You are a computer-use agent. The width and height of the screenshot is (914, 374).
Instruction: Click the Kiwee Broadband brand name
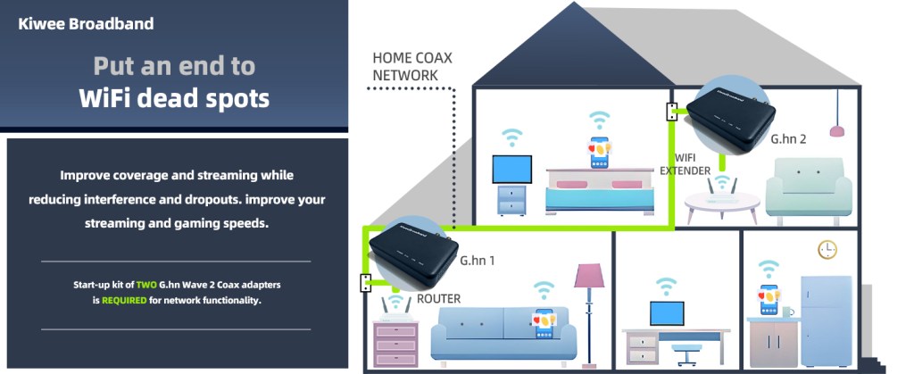click(86, 24)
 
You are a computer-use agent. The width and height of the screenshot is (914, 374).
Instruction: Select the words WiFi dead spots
click(174, 97)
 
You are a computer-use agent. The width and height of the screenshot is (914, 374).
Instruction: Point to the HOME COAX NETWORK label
click(412, 67)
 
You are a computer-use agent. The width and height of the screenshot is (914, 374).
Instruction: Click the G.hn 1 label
click(478, 261)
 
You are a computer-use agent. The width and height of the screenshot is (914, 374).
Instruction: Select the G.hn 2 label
click(788, 139)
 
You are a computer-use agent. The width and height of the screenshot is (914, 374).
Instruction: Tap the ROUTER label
click(439, 299)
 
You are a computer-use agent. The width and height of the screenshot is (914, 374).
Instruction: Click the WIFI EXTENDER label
click(685, 164)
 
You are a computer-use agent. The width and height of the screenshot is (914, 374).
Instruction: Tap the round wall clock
click(827, 249)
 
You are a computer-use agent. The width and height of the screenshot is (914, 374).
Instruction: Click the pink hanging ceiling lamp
click(837, 130)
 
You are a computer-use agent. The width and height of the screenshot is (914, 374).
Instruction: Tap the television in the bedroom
click(512, 170)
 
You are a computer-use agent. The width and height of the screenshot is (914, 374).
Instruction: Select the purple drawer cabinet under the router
click(395, 343)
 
